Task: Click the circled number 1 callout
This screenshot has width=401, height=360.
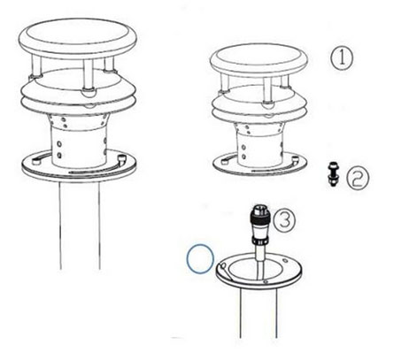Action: (x=341, y=58)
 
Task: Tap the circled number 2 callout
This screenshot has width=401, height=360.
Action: (x=358, y=179)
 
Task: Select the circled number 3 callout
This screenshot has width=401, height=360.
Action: (x=284, y=219)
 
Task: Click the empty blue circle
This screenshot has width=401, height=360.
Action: (x=200, y=258)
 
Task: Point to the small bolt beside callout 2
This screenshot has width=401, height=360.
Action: (x=334, y=174)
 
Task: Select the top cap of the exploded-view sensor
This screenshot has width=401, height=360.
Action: (x=259, y=60)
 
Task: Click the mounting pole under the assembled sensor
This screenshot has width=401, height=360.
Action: (x=80, y=226)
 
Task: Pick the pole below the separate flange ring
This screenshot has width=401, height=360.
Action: (x=258, y=313)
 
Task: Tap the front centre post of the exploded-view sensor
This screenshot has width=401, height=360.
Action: (x=267, y=91)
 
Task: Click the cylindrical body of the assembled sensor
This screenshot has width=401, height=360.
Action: (x=80, y=141)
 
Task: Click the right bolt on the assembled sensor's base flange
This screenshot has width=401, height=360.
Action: (x=121, y=159)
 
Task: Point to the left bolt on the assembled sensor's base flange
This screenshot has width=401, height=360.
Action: (x=36, y=162)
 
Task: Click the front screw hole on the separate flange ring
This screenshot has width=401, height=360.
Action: (x=266, y=282)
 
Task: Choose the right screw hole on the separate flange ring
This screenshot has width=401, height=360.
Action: (x=284, y=260)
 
